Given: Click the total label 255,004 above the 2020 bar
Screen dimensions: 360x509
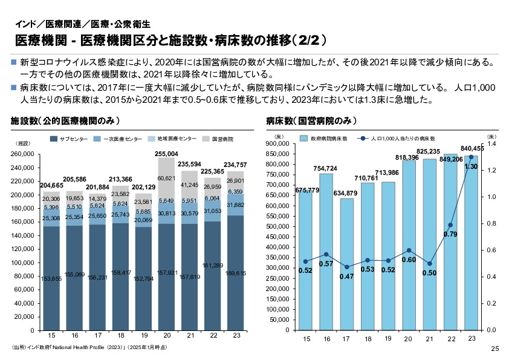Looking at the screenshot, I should coord(167,154).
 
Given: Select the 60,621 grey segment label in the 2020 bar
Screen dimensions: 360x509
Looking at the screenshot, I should coord(167,178).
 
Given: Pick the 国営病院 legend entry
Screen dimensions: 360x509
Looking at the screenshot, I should coord(222,139).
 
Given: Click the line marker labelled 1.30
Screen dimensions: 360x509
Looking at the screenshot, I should coord(471,157).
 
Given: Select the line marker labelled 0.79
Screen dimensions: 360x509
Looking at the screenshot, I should coord(450,225).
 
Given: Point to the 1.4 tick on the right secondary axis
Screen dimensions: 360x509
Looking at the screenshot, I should coord(491,144).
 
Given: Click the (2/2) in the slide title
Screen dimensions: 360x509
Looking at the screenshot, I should coord(308,41).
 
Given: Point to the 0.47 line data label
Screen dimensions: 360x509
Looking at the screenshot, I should coord(347,277).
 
